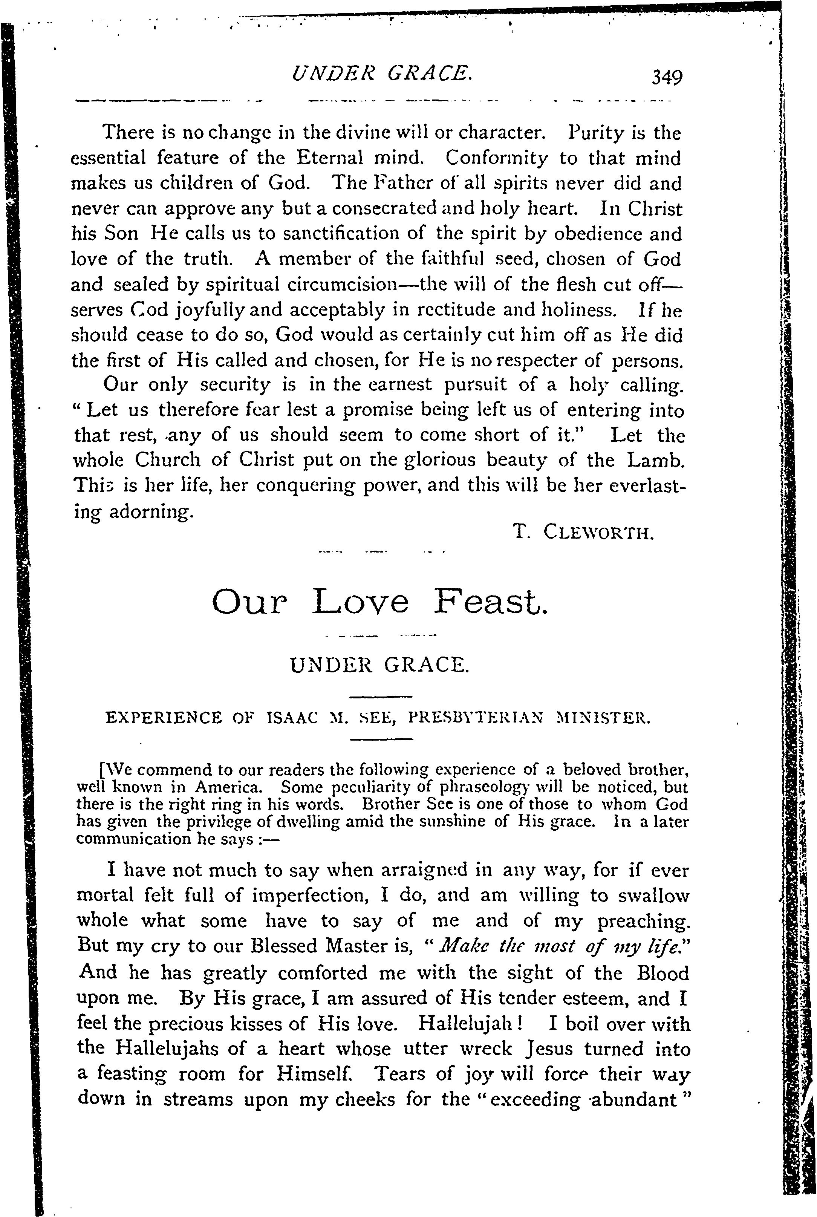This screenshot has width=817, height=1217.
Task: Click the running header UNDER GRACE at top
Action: point(382,73)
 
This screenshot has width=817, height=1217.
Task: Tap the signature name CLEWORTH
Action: point(598,533)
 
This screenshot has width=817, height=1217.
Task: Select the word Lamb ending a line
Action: point(654,461)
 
